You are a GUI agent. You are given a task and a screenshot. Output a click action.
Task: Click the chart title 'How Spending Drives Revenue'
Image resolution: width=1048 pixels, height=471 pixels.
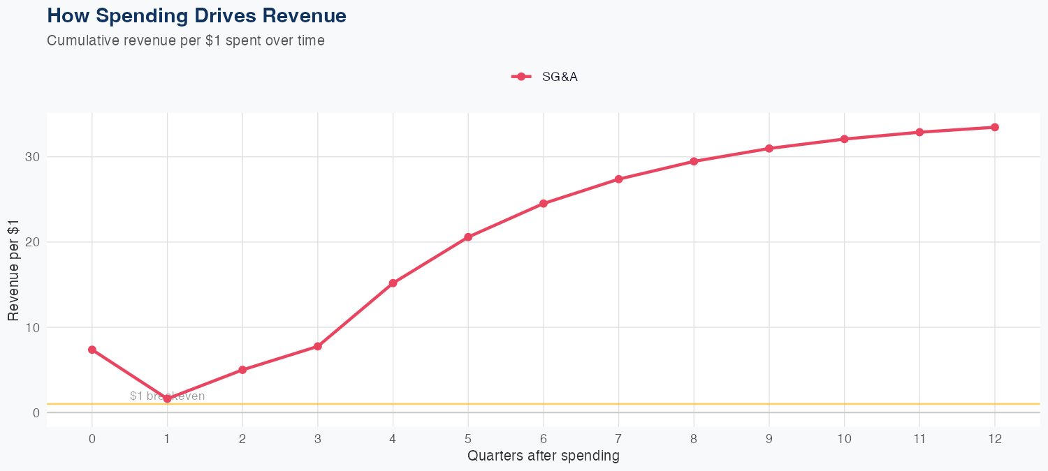click(x=196, y=15)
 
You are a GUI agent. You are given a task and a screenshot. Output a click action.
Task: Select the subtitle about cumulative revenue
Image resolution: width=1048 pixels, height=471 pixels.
click(x=185, y=40)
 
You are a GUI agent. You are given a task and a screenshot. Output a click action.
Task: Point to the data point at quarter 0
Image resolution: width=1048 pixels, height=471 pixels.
click(x=92, y=350)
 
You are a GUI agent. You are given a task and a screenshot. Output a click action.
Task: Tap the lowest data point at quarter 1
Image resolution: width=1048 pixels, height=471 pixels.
click(x=167, y=398)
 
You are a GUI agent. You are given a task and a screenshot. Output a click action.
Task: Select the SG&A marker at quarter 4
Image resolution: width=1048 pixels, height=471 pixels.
click(x=393, y=283)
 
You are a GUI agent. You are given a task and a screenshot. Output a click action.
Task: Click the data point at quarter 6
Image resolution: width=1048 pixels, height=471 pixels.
click(x=543, y=204)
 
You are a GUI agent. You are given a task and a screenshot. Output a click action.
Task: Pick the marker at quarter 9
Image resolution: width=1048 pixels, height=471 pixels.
click(x=769, y=149)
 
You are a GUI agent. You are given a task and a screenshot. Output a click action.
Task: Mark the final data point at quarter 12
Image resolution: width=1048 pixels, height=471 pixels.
click(x=994, y=127)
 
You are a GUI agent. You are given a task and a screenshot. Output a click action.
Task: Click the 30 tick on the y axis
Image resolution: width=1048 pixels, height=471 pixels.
click(x=30, y=157)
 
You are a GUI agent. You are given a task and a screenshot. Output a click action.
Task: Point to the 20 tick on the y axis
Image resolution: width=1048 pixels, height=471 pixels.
click(x=30, y=242)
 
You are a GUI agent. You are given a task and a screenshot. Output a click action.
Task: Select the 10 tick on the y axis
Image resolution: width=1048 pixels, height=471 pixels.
click(x=30, y=327)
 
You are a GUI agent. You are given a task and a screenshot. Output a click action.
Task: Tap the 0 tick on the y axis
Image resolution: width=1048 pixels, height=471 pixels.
click(x=34, y=412)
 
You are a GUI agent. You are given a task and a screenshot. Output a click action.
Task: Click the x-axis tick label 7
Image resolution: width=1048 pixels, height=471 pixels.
click(x=618, y=439)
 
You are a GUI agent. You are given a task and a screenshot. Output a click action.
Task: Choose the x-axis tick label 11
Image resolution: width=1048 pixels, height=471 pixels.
click(x=919, y=439)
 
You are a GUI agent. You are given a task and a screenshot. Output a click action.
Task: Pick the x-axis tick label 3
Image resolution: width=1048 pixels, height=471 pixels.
click(x=318, y=439)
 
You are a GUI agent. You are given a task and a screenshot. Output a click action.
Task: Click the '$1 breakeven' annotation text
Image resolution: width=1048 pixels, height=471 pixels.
click(x=167, y=396)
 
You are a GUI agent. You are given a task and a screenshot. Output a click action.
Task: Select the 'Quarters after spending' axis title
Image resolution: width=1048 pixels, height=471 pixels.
click(x=543, y=456)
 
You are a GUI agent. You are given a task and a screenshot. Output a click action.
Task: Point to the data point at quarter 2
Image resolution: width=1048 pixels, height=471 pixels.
click(x=242, y=370)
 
